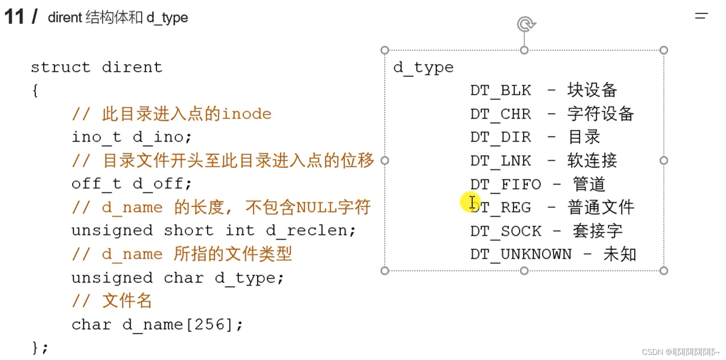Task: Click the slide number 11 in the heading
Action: point(14,17)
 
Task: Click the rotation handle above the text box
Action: point(526,24)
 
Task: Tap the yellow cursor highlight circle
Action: point(470,202)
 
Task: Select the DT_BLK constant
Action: point(500,90)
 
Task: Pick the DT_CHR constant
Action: point(500,114)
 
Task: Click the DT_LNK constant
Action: point(500,161)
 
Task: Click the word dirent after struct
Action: point(132,67)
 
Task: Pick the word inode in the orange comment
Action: point(246,114)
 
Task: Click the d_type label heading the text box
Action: point(423,67)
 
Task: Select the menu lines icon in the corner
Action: point(701,16)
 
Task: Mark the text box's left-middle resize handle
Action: point(385,160)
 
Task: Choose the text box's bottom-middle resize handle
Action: point(524,271)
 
